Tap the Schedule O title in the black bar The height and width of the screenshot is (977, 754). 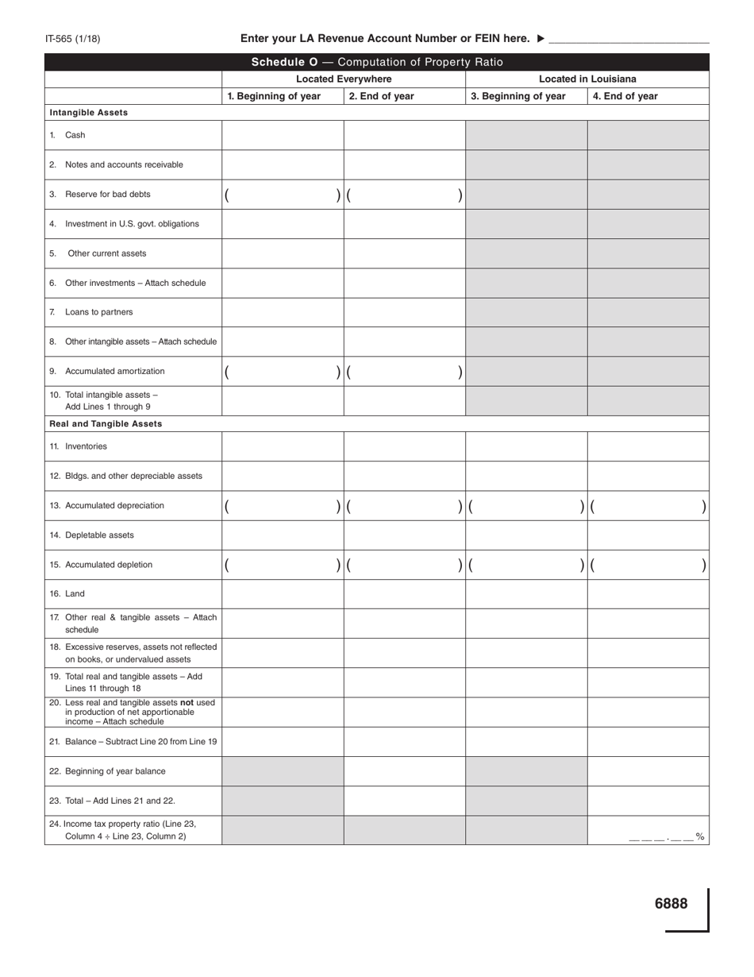[x=377, y=62]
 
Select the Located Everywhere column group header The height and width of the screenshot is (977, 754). [x=344, y=79]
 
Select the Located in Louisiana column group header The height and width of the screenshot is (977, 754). [x=587, y=79]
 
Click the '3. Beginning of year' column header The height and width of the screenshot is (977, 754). [x=518, y=97]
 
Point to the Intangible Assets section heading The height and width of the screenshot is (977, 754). [x=88, y=113]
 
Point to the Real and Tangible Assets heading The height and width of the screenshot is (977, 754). [x=106, y=424]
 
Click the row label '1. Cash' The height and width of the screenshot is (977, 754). [x=75, y=135]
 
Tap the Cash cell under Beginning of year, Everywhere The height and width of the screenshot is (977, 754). [x=283, y=135]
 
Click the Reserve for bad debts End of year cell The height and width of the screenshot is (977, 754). [x=404, y=195]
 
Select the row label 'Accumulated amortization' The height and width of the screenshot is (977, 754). [x=114, y=371]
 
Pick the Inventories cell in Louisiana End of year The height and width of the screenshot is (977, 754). [x=648, y=446]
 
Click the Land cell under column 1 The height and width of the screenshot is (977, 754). [x=283, y=594]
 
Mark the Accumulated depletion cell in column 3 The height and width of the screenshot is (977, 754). [x=525, y=565]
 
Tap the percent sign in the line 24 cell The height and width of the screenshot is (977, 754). [x=699, y=836]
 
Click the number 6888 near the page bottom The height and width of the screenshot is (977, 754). [x=671, y=903]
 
